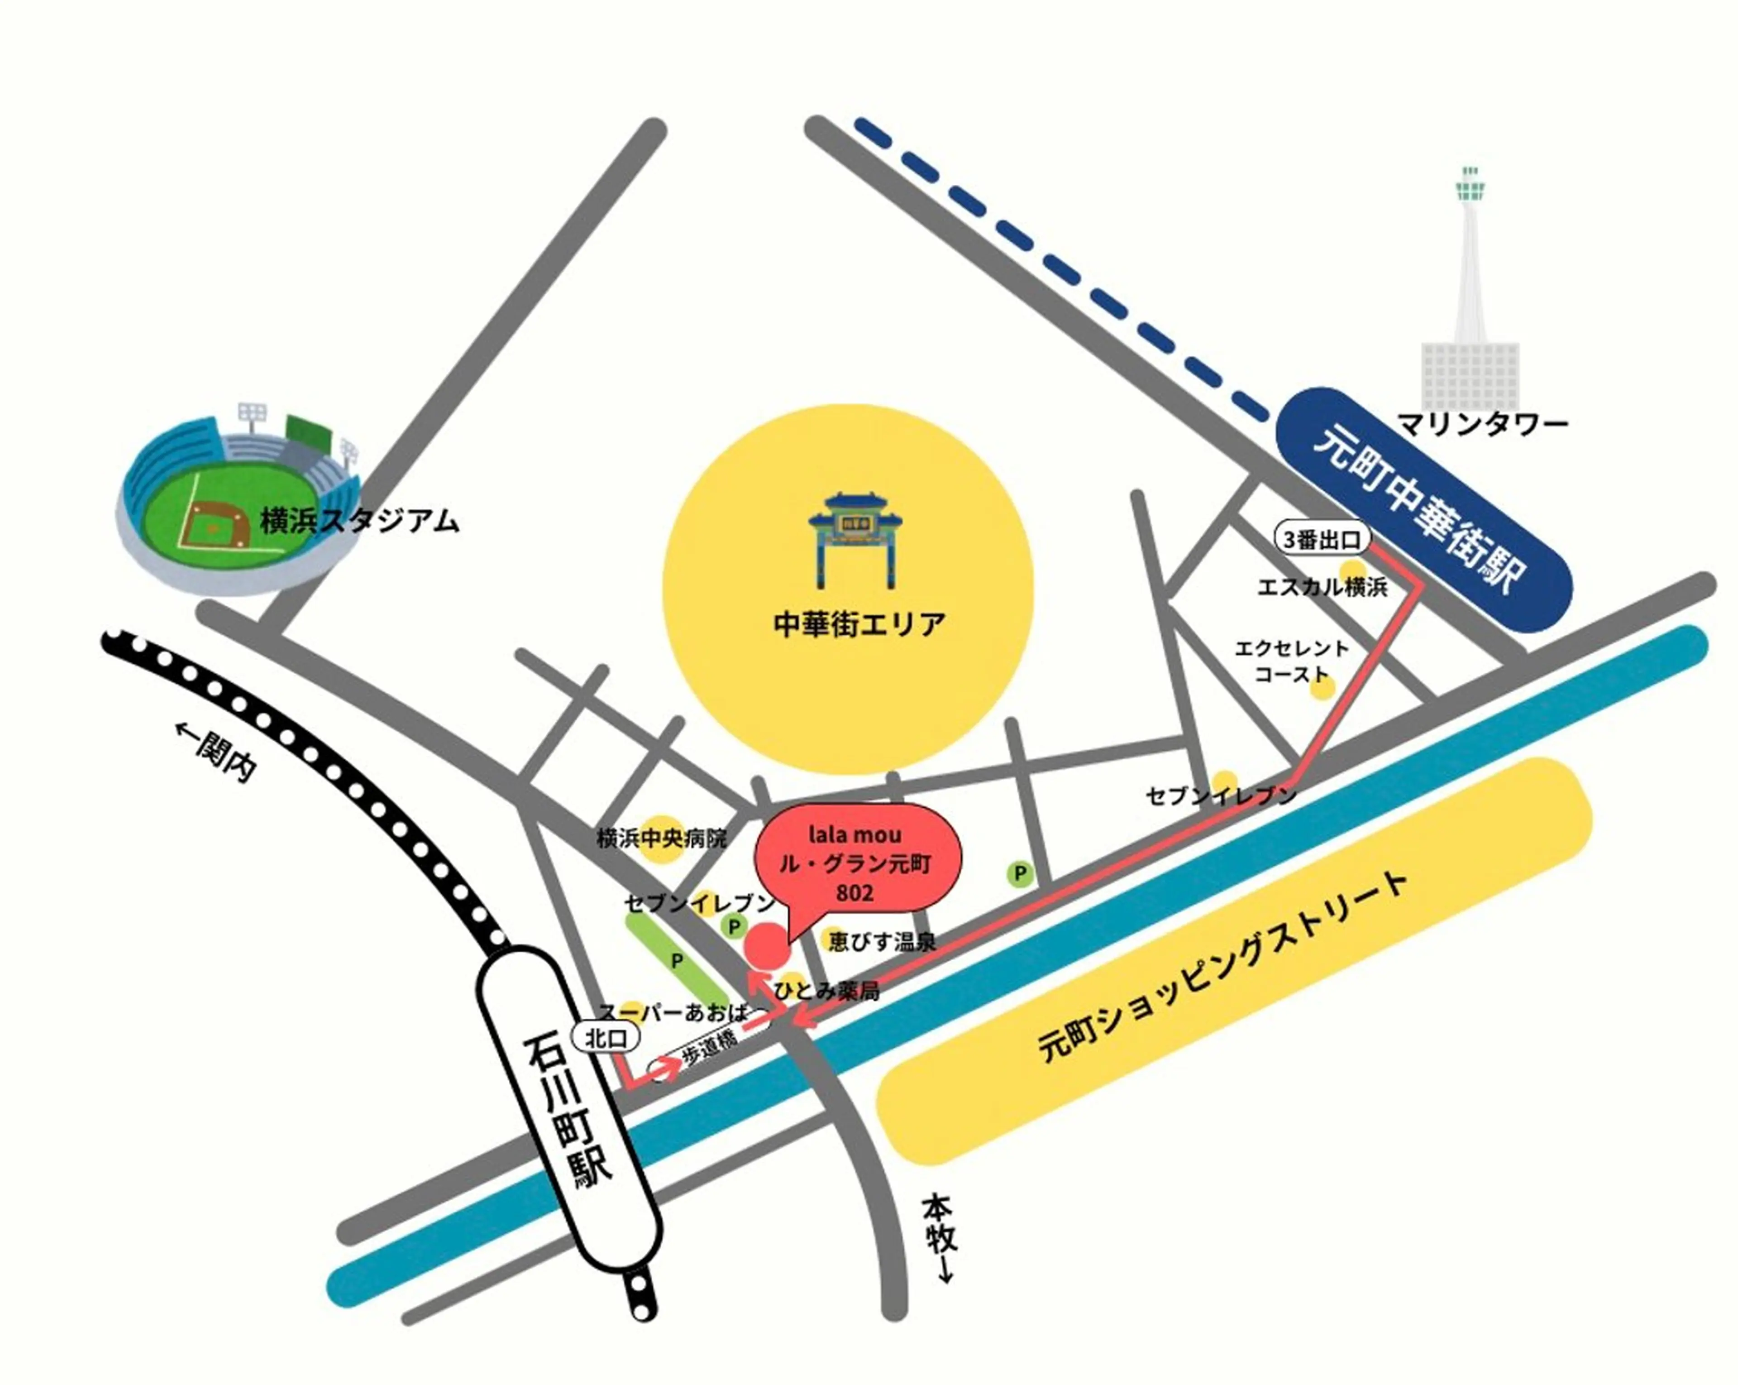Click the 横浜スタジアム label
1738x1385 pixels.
pyautogui.click(x=359, y=522)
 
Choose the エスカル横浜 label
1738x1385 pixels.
pyautogui.click(x=1322, y=587)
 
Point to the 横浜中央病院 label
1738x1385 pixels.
pyautogui.click(x=661, y=839)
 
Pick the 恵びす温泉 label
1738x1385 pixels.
pyautogui.click(x=883, y=941)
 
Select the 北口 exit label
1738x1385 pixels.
pyautogui.click(x=606, y=1038)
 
